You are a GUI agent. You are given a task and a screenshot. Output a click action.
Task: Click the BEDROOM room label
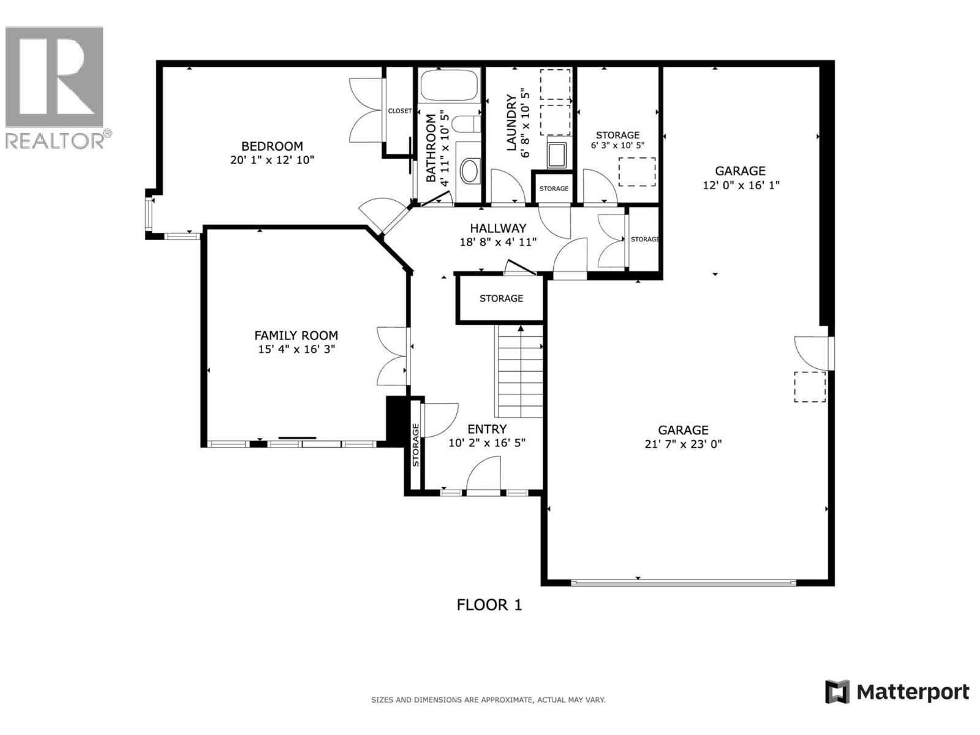(272, 146)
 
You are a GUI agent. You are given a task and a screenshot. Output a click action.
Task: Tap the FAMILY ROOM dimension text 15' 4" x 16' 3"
(296, 350)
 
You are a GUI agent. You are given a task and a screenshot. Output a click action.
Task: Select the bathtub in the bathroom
(449, 86)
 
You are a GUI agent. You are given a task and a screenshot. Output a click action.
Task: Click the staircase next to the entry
(519, 372)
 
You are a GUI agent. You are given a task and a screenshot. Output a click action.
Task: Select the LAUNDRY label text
(511, 123)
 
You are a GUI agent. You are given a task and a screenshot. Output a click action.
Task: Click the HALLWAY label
(498, 228)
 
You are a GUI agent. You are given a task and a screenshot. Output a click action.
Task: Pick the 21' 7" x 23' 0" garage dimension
(683, 444)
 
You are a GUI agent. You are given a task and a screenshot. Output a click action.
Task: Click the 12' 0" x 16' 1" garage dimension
(741, 185)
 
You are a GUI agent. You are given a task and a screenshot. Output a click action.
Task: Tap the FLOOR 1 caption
(489, 605)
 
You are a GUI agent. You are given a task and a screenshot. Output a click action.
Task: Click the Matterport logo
(897, 692)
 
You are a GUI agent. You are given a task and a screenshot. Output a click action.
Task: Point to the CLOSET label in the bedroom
(400, 111)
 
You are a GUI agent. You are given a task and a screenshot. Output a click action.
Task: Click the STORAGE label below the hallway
(501, 298)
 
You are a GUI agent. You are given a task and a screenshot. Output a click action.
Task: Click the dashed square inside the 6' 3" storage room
(637, 171)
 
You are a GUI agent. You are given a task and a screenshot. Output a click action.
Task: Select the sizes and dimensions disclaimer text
(488, 699)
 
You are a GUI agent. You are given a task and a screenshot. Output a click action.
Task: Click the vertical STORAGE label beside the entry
(415, 445)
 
